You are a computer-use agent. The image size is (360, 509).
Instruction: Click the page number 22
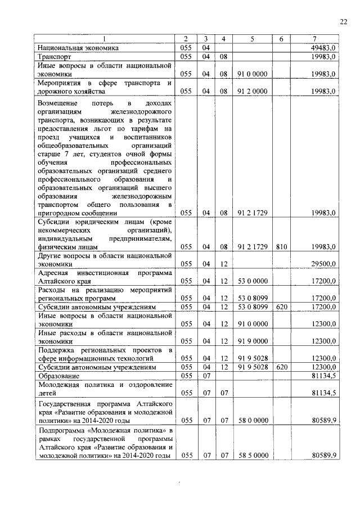pos(343,21)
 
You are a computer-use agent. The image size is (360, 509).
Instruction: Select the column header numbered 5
pos(252,39)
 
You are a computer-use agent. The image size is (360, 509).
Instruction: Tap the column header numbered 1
pos(104,39)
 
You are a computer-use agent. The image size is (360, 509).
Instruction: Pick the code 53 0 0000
pos(252,280)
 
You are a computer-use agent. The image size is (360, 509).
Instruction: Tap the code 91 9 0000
pos(252,341)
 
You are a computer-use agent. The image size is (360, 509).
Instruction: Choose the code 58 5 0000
pos(252,455)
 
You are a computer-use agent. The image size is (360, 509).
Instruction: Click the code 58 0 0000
pos(252,420)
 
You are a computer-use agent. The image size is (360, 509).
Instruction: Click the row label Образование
pos(58,375)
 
